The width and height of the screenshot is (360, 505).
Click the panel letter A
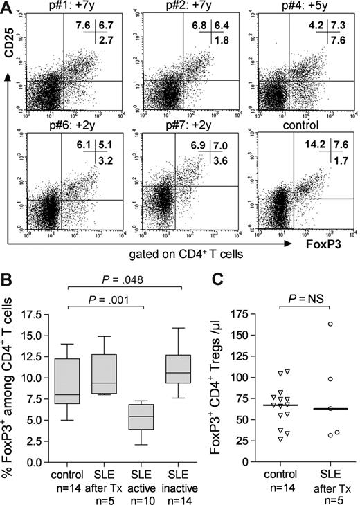point(8,8)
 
